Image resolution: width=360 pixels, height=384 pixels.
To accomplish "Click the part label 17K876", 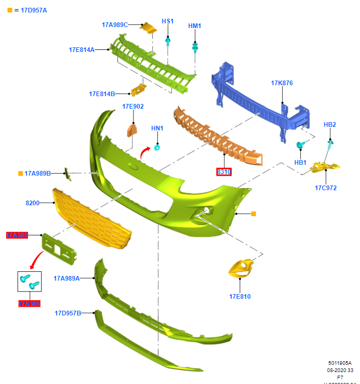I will (282, 83).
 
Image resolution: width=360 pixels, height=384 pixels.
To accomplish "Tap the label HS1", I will (168, 21).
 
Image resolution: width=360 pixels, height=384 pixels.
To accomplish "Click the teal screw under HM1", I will (195, 48).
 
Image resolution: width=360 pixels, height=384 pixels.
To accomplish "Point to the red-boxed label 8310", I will (224, 171).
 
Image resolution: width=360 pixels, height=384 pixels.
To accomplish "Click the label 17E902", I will (133, 107).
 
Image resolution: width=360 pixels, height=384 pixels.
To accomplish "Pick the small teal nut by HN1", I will (157, 147).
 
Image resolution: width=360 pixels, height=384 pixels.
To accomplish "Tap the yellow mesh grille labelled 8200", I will (91, 218).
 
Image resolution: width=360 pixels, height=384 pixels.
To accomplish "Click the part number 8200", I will (32, 203).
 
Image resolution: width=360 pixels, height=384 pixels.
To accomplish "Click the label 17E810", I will (240, 297).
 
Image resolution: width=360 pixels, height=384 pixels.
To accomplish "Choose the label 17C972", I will (325, 188).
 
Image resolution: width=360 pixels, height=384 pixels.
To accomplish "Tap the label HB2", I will (330, 125).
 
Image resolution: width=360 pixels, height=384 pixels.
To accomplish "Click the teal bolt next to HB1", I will (300, 145).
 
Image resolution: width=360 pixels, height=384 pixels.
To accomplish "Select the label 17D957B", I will (68, 313).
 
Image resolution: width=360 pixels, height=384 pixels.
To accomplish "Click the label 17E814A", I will (82, 50).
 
